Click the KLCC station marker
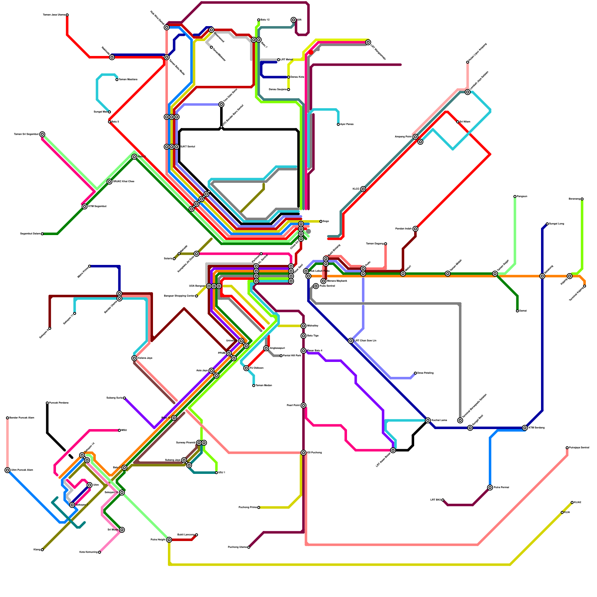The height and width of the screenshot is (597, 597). click(363, 189)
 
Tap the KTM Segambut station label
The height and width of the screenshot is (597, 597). click(97, 206)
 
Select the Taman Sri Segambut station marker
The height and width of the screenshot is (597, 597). click(43, 134)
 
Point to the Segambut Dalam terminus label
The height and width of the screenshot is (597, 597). click(30, 234)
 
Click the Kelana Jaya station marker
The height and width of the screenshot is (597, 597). click(134, 358)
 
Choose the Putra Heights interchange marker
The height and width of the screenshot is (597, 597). click(169, 540)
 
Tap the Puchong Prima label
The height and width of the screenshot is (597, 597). click(247, 507)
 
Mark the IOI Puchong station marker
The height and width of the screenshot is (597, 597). click(304, 453)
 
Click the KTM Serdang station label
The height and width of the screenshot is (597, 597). click(537, 428)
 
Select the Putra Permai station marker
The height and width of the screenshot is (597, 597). click(490, 488)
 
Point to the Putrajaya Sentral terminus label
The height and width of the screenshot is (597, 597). click(579, 447)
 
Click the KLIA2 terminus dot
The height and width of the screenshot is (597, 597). click(572, 503)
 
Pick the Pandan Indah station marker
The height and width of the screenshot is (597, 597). click(415, 229)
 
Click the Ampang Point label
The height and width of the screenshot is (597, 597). click(403, 137)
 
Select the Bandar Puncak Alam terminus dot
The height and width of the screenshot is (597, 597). click(7, 418)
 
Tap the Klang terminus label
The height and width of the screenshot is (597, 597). click(37, 550)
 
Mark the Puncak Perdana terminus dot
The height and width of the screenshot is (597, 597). click(47, 403)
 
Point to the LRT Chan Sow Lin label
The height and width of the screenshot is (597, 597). click(365, 341)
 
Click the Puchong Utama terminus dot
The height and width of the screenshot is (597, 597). click(249, 547)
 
